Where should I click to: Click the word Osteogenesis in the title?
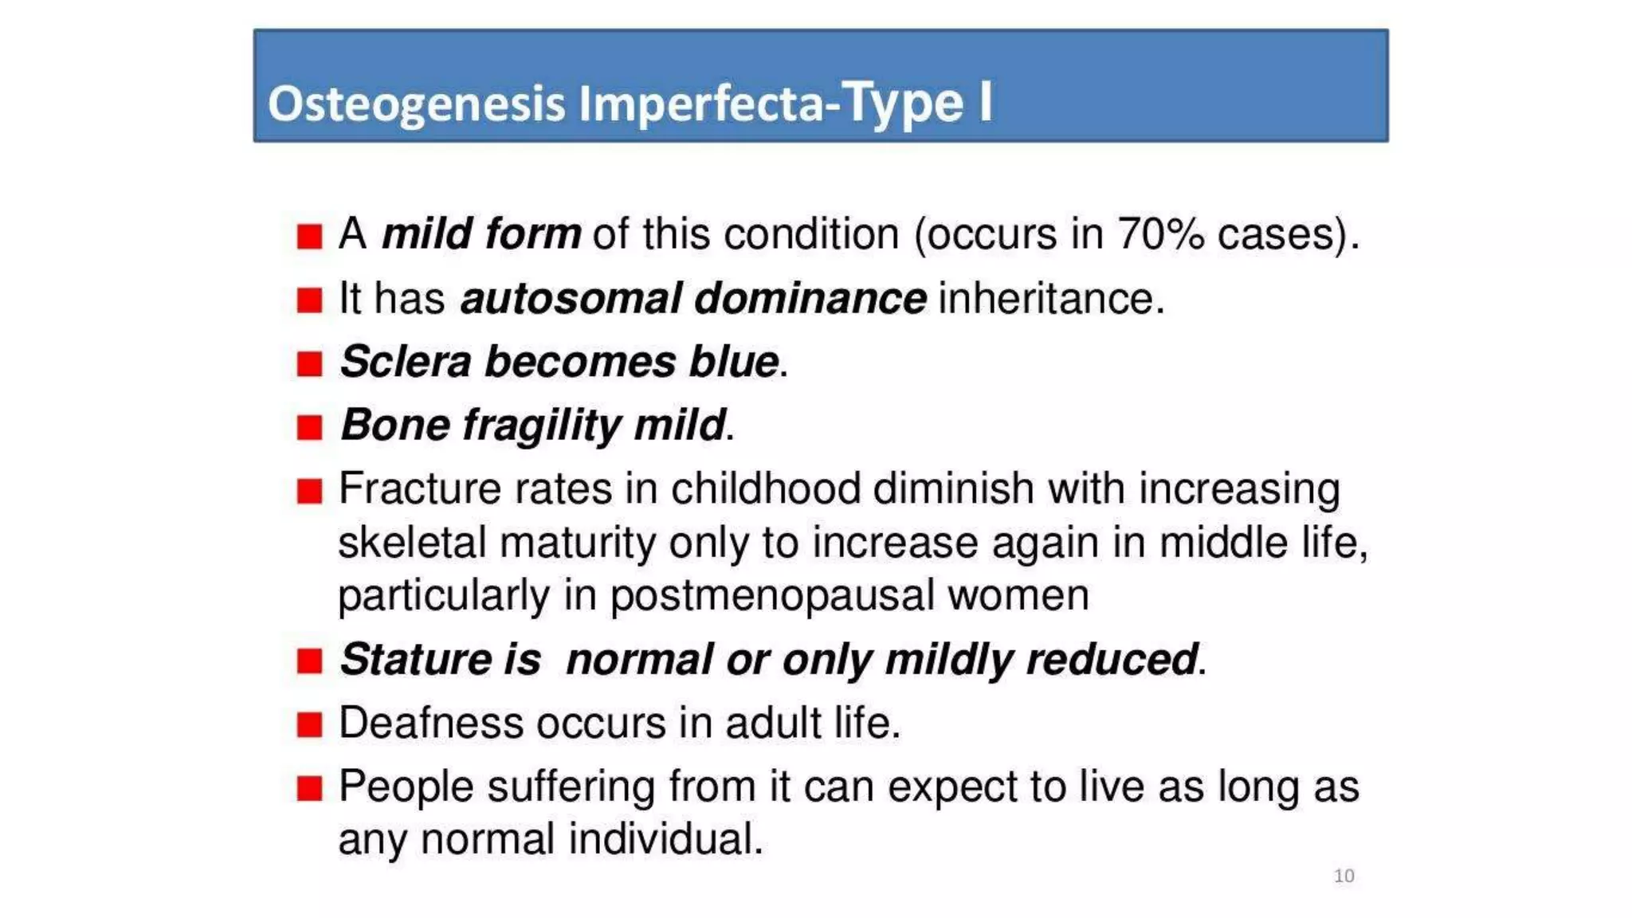coord(416,104)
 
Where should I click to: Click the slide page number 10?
coord(1344,876)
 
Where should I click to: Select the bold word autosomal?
coord(571,299)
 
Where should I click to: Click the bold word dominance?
coord(810,299)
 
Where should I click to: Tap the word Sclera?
coord(406,362)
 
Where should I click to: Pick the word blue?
coord(734,362)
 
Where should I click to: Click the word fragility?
coord(542,425)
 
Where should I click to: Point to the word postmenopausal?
coord(771,596)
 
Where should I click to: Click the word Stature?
coord(415,660)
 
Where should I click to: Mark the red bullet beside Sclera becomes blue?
coord(309,364)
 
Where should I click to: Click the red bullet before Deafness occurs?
coord(309,725)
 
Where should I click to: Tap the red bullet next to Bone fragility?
coord(309,428)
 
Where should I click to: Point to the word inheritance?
coord(1051,299)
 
